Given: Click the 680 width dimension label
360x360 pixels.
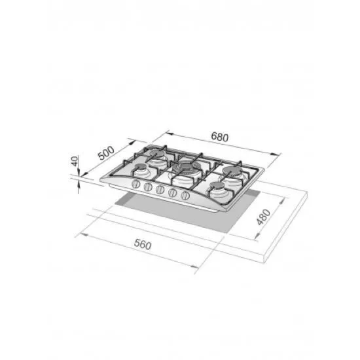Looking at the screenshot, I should click(219, 137).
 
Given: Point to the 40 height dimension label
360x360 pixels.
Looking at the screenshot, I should click(75, 161).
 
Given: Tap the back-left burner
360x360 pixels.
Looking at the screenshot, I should click(156, 154).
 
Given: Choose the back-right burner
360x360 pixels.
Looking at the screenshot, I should click(234, 171).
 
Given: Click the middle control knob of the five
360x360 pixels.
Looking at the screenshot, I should click(160, 189).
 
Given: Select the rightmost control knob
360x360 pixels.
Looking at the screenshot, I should click(185, 195).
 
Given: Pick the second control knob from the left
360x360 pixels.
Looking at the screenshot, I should click(148, 187).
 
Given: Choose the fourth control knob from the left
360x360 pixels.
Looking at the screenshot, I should click(173, 192).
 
